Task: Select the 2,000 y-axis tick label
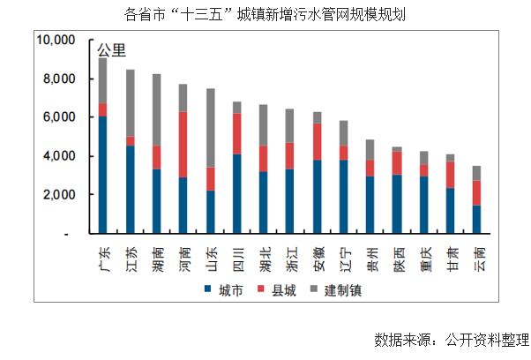tap(60, 195)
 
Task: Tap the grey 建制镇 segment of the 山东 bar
tap(211, 127)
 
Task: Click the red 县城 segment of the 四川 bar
tap(237, 133)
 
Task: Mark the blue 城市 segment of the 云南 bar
tap(478, 219)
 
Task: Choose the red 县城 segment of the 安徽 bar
tap(318, 141)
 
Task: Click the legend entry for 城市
tap(226, 289)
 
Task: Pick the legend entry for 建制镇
tap(336, 289)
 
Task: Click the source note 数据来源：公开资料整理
tap(451, 340)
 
